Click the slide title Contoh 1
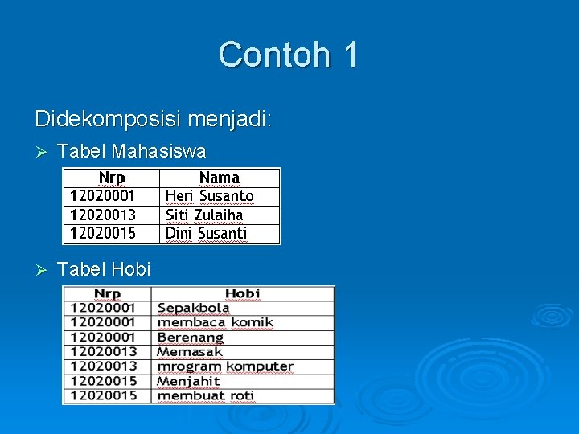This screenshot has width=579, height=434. tap(289, 55)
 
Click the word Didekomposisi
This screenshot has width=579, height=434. tap(108, 120)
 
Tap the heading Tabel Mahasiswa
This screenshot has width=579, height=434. tap(132, 151)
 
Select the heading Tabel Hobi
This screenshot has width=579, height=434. tap(105, 270)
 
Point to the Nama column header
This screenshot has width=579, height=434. tap(219, 178)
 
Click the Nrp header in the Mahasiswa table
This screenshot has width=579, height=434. tap(112, 178)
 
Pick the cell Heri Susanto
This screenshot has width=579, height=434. tap(209, 196)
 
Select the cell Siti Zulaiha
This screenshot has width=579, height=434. tap(204, 215)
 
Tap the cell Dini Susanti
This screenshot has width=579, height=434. tap(206, 234)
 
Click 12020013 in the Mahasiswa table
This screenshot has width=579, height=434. tap(103, 215)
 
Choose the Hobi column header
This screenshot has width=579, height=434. tap(242, 293)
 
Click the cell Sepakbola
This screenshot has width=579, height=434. tap(194, 308)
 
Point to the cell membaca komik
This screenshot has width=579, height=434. tap(216, 322)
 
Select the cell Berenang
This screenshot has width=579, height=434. tap(191, 338)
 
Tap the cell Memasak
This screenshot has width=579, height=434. tap(190, 352)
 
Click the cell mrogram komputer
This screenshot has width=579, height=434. tap(225, 366)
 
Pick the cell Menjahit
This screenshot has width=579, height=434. tap(189, 381)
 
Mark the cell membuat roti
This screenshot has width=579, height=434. tap(206, 395)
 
